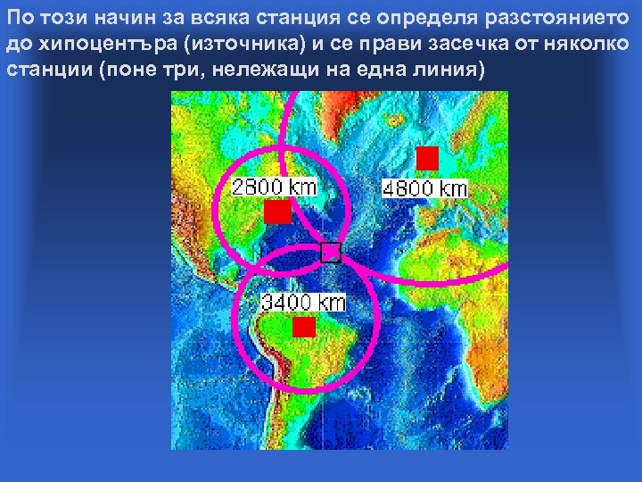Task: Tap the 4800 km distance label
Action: point(424,188)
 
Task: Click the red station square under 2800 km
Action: point(277,212)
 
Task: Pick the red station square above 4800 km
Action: point(428,158)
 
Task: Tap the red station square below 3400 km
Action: point(304,327)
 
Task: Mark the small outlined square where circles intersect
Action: point(331,252)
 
